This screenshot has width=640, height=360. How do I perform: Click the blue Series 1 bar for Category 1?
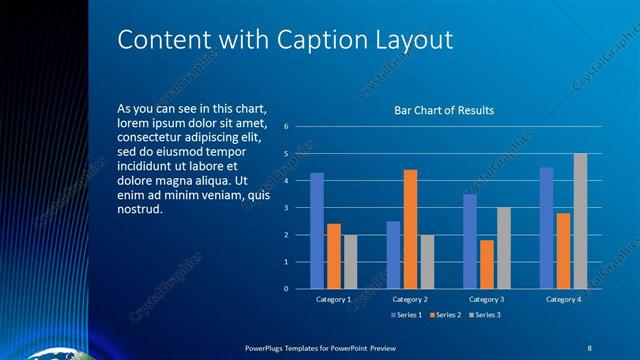316,230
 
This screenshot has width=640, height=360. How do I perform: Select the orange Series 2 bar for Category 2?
410,229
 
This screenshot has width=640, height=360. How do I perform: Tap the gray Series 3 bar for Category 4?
580,221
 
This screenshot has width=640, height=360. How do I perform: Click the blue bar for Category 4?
546,227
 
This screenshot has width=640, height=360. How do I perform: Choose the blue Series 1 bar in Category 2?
393,255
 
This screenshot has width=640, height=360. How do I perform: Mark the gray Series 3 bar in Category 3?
503,248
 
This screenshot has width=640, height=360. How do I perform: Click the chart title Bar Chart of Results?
444,110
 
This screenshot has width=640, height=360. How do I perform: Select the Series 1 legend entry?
406,315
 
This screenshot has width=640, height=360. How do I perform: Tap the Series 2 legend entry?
444,315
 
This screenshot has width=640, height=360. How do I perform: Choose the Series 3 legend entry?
484,315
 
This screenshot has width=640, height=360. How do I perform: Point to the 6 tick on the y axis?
287,127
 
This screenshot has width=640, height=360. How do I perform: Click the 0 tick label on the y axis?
287,289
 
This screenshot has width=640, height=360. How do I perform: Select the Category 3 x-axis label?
486,299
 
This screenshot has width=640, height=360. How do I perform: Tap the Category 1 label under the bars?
333,299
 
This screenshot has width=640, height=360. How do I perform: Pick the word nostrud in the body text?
139,210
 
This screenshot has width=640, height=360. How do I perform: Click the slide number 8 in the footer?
590,347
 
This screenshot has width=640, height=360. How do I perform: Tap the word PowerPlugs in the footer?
268,347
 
